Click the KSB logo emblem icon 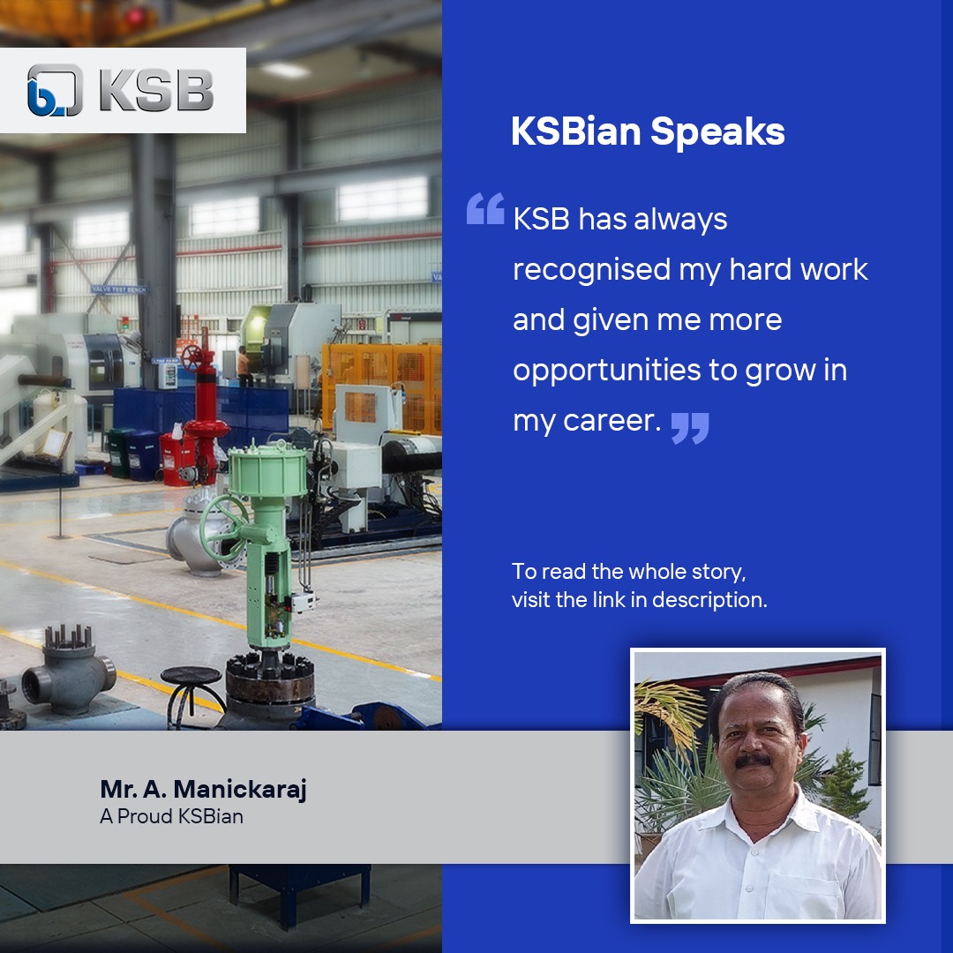pyautogui.click(x=55, y=90)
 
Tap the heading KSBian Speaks pyautogui.click(x=648, y=132)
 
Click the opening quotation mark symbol pyautogui.click(x=485, y=209)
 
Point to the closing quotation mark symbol pyautogui.click(x=689, y=427)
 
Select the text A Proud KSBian pyautogui.click(x=171, y=816)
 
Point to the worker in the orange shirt pyautogui.click(x=244, y=364)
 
